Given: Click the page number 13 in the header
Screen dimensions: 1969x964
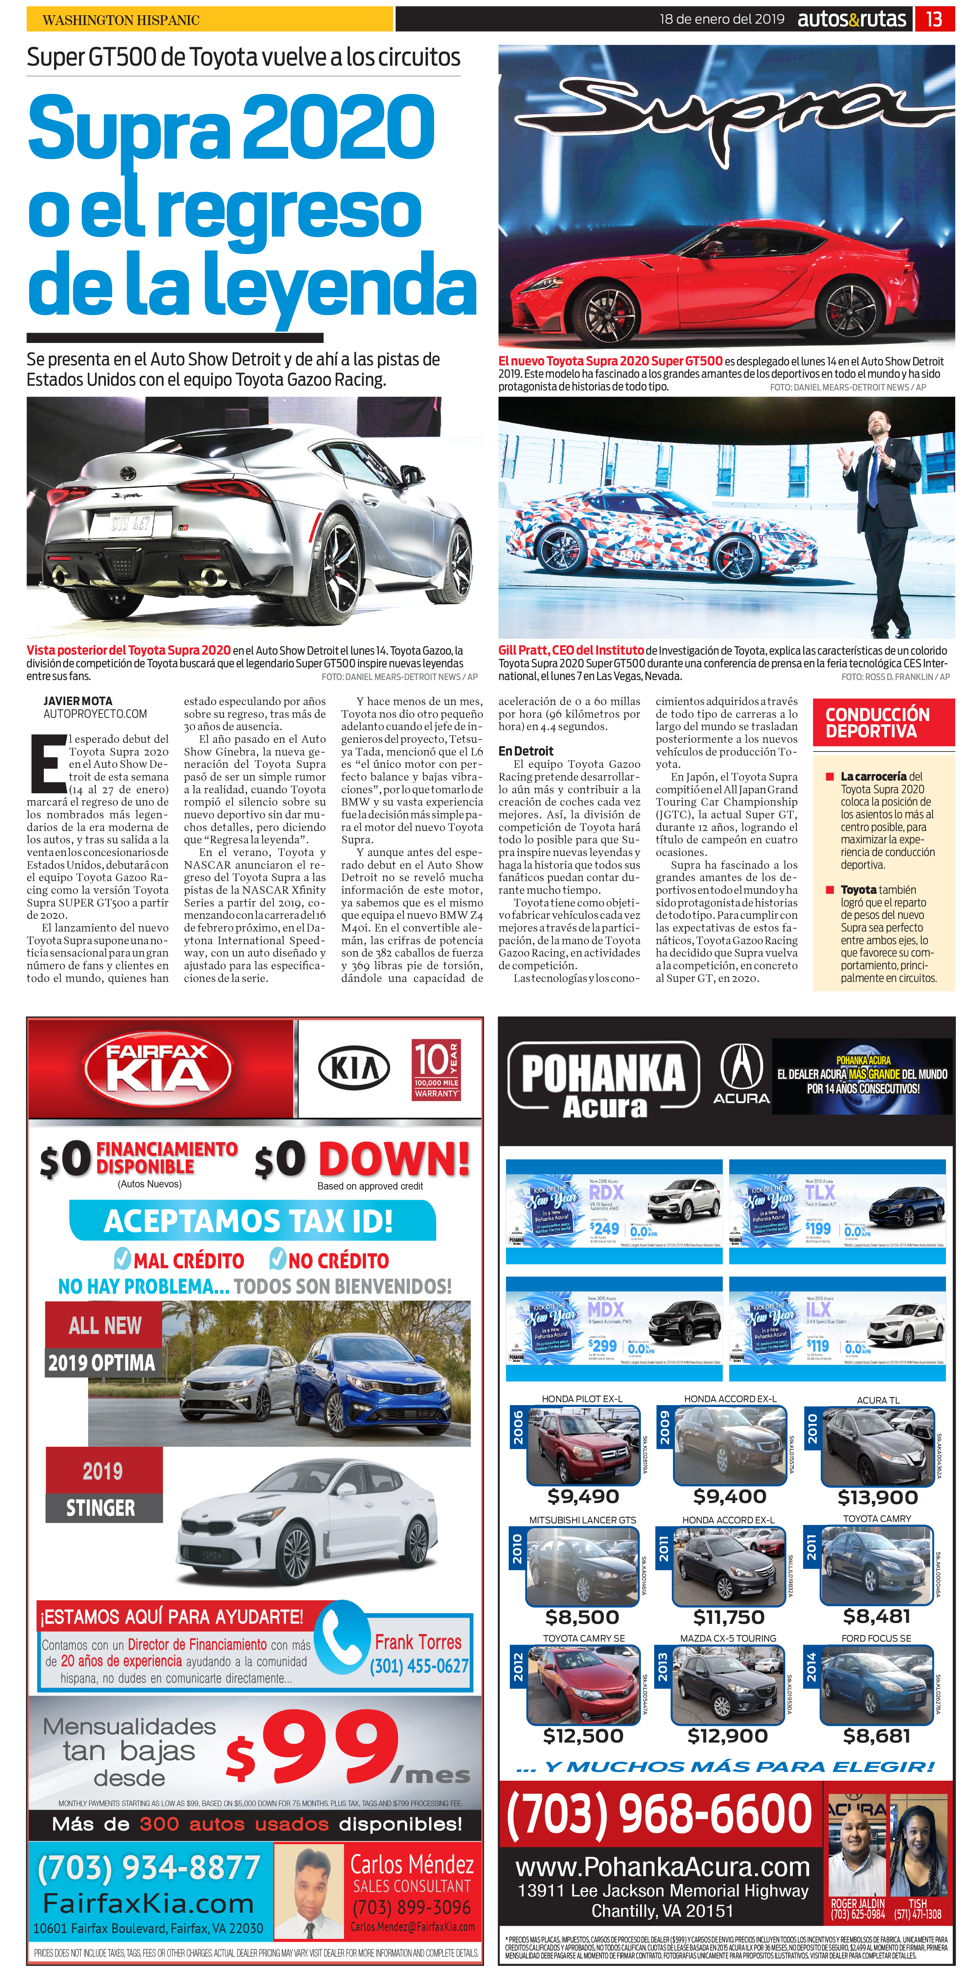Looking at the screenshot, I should (934, 19).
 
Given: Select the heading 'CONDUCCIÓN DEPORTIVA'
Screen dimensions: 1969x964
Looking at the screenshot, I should (877, 722).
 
